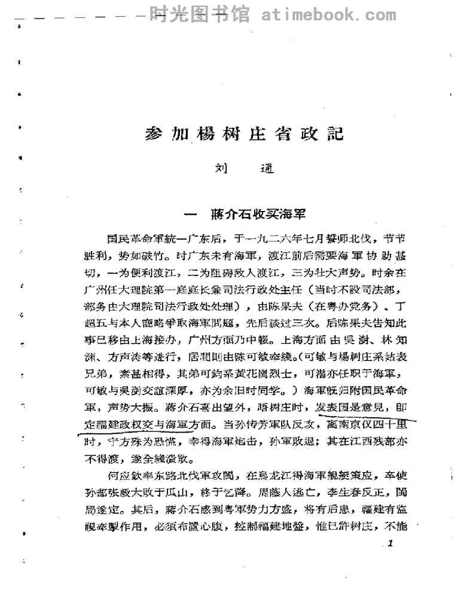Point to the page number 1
pos(390,543)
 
